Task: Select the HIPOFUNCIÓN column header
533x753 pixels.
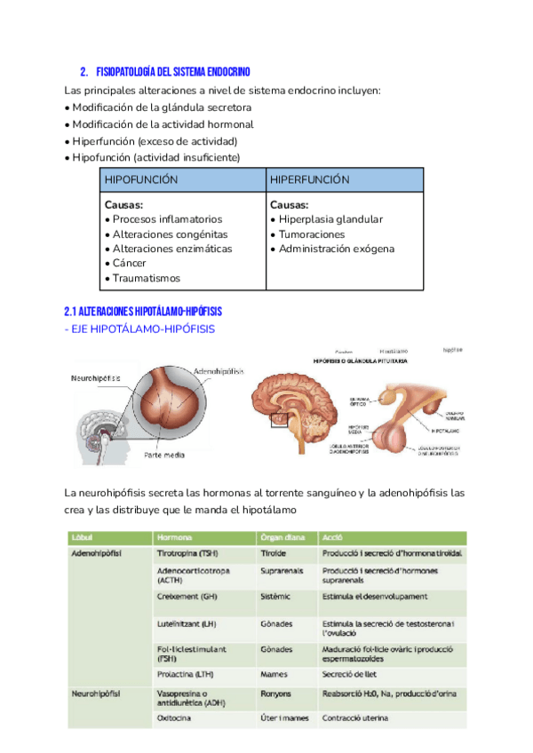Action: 141,179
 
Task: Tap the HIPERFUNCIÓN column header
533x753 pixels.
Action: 309,179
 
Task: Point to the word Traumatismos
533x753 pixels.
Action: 147,279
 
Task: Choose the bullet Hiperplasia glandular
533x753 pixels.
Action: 330,219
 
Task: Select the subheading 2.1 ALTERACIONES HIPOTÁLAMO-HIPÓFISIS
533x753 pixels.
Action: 143,312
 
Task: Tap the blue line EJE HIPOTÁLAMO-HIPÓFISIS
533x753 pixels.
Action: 143,329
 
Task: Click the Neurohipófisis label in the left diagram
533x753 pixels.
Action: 95,377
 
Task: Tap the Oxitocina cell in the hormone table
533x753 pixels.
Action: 178,718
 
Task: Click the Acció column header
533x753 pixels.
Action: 334,537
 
